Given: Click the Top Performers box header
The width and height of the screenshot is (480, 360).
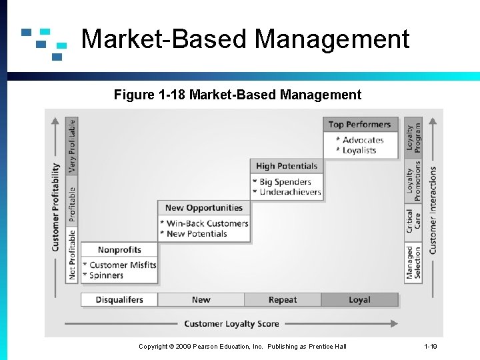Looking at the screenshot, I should point(360,125).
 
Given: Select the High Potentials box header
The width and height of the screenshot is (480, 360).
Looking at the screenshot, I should point(287,166).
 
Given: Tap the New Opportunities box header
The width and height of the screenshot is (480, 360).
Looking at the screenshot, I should point(203,208).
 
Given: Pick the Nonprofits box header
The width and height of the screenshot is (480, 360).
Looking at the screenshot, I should point(119,250).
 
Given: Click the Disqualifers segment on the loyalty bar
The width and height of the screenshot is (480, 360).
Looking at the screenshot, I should point(119,300).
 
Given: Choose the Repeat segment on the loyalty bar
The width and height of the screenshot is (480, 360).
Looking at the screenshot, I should point(283,300).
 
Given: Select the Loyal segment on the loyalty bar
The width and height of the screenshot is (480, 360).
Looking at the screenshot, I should point(359,300).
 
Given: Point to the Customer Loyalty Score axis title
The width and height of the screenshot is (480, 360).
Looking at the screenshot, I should point(231,324).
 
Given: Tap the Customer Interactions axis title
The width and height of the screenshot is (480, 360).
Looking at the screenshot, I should point(433,210).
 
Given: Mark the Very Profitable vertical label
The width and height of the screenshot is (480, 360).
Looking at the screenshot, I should point(72,145).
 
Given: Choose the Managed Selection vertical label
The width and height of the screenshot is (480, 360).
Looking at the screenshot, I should point(414,262).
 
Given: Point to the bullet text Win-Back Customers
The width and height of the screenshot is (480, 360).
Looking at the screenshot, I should point(207,224).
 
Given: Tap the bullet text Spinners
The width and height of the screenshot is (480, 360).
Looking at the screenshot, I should point(106,275).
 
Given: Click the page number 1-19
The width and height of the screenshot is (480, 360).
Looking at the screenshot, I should point(431,347).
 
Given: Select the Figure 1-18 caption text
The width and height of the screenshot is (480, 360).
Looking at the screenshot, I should point(237,95).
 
